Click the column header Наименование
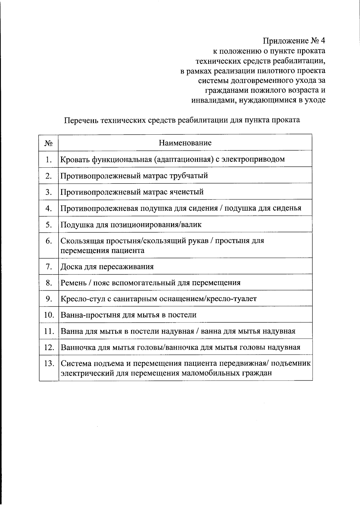(x=185, y=143)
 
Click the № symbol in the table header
(x=49, y=143)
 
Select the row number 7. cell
(x=49, y=267)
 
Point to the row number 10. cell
(x=49, y=315)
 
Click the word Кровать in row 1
(x=75, y=159)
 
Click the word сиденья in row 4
(x=287, y=208)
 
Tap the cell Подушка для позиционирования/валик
(x=131, y=224)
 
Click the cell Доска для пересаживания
(x=107, y=267)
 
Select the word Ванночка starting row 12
(x=77, y=347)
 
